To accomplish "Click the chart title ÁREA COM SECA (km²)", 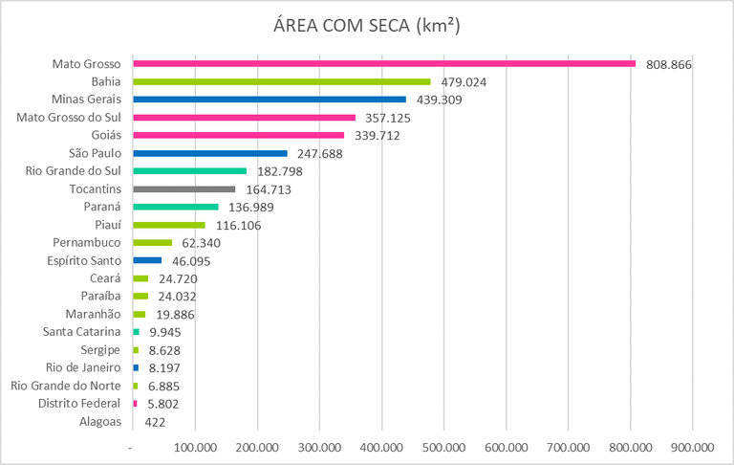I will [368, 27].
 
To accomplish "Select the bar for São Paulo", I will [210, 153].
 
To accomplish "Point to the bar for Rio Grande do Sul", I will [189, 170].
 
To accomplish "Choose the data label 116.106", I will [238, 225].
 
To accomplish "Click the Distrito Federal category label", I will [80, 404].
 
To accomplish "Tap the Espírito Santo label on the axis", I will [84, 260].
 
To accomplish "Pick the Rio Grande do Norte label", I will [66, 386].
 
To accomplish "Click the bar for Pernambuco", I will [152, 242].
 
